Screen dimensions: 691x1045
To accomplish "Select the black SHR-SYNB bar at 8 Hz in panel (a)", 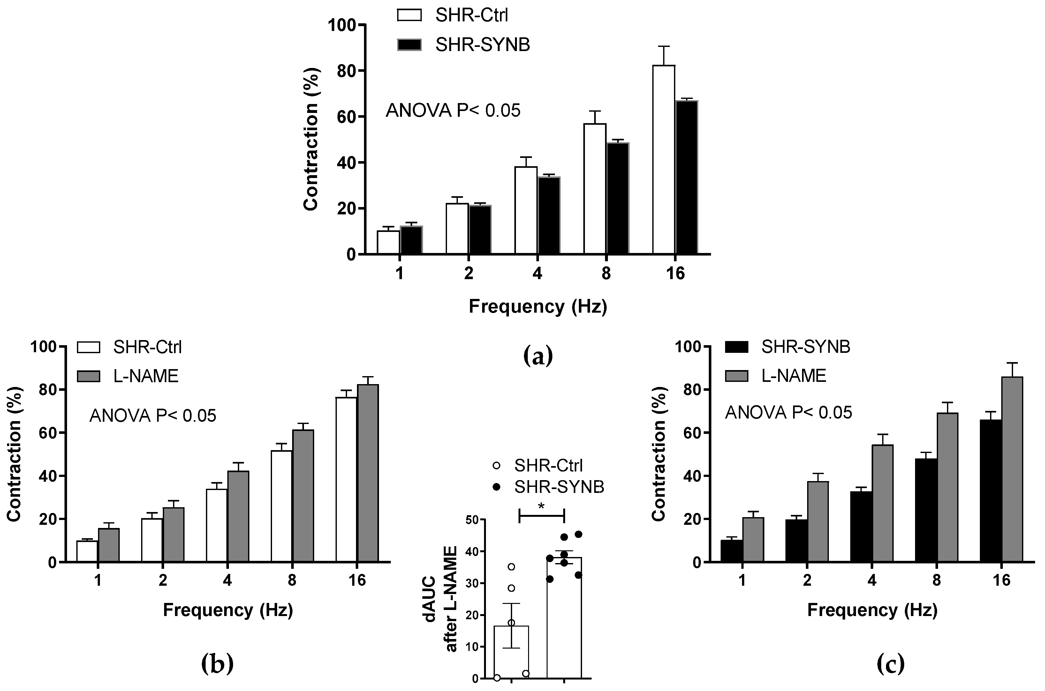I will tap(617, 198).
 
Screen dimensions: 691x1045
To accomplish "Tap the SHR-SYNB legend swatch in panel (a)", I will tap(409, 45).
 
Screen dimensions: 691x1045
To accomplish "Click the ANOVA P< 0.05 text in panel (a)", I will tap(453, 111).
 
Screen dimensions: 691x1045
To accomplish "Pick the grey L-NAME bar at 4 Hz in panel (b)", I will tap(238, 516).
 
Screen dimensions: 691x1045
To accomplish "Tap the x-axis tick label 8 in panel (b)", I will tap(292, 580).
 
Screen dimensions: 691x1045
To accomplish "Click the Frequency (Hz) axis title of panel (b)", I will tap(228, 610).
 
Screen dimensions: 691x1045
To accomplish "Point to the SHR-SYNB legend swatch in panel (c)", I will tap(736, 347).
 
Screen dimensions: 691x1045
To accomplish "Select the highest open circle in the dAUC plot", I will tap(511, 567).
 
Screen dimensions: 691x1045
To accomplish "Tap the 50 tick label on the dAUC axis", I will tap(472, 520).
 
